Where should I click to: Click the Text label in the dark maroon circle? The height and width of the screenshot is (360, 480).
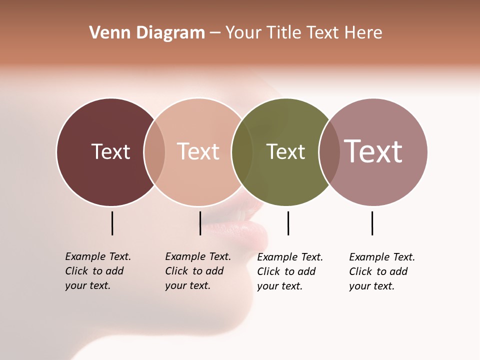110,151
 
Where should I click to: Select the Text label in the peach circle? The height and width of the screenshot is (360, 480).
198,151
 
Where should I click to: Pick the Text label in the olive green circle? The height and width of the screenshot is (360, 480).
285,151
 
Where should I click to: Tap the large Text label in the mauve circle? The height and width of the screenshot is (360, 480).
373,151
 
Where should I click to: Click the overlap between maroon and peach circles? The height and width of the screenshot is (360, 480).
154,152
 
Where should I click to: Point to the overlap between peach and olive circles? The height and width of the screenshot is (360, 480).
242,152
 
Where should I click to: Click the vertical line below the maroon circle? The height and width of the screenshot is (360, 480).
112,223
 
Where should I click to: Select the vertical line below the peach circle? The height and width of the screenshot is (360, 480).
200,223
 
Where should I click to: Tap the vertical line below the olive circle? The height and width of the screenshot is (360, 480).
288,223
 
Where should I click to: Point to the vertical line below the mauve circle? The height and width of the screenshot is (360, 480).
372,223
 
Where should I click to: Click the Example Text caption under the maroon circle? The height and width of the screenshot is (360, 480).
97,271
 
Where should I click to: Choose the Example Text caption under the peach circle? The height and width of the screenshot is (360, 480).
197,271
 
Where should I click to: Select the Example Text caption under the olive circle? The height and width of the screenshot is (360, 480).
289,271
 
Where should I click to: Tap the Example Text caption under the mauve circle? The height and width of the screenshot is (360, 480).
381,271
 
